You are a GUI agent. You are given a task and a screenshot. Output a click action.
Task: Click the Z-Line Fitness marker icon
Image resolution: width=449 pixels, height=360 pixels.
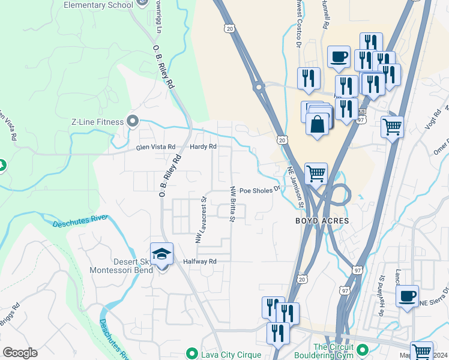tap(133, 122)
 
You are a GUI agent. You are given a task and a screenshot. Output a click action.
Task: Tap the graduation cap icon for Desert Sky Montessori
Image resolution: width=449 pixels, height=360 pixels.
tap(161, 256)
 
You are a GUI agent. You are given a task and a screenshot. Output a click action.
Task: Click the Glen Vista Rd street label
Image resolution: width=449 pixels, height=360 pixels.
tap(155, 147)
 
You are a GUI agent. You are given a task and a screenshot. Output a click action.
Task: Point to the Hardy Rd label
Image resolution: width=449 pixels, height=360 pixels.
tap(202, 147)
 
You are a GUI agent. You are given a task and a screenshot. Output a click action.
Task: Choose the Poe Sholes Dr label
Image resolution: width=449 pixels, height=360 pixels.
tap(260, 190)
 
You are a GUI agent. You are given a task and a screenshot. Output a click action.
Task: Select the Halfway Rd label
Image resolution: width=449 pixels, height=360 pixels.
tap(199, 262)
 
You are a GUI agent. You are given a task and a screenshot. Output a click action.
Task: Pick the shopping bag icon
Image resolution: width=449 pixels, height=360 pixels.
tap(318, 124)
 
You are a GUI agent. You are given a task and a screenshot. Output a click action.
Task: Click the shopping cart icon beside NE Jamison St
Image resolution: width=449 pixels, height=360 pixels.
tap(316, 174)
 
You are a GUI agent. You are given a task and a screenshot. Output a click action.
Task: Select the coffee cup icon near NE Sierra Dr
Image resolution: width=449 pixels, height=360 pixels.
tap(407, 296)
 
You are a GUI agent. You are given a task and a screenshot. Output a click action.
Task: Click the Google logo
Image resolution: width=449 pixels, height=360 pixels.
tap(20, 352)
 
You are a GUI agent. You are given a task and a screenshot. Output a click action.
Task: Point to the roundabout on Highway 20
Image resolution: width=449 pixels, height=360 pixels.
tap(259, 87)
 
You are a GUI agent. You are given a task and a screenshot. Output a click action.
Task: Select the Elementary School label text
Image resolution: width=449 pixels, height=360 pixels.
tap(98, 5)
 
